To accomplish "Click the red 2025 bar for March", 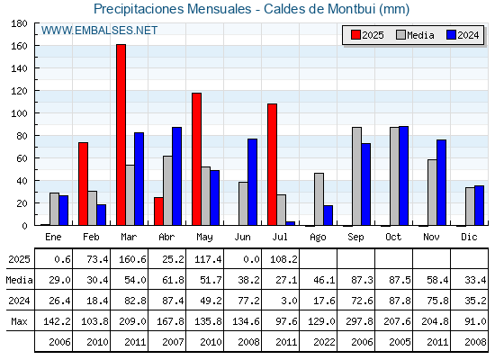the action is (x=121, y=135).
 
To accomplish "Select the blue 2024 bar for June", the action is (x=252, y=182).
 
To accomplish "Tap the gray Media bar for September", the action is (x=356, y=176).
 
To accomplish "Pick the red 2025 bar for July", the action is (x=272, y=165).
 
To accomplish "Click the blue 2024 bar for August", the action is (x=328, y=215).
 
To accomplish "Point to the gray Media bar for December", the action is (x=470, y=206).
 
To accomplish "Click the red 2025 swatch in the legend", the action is (x=355, y=35).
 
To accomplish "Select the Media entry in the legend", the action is (x=415, y=35).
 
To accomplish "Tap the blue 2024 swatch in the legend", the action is (x=451, y=35).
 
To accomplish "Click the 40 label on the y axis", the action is (x=20, y=181).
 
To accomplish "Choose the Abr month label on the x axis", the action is (x=166, y=237).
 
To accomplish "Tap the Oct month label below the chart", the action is (x=393, y=237).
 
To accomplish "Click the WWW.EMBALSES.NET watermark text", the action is (x=99, y=31).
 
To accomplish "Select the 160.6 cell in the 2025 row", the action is (x=132, y=259).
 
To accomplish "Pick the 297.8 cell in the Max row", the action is (x=359, y=321).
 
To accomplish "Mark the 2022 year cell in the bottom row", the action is (x=324, y=342).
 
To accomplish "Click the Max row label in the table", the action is (x=19, y=321).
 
